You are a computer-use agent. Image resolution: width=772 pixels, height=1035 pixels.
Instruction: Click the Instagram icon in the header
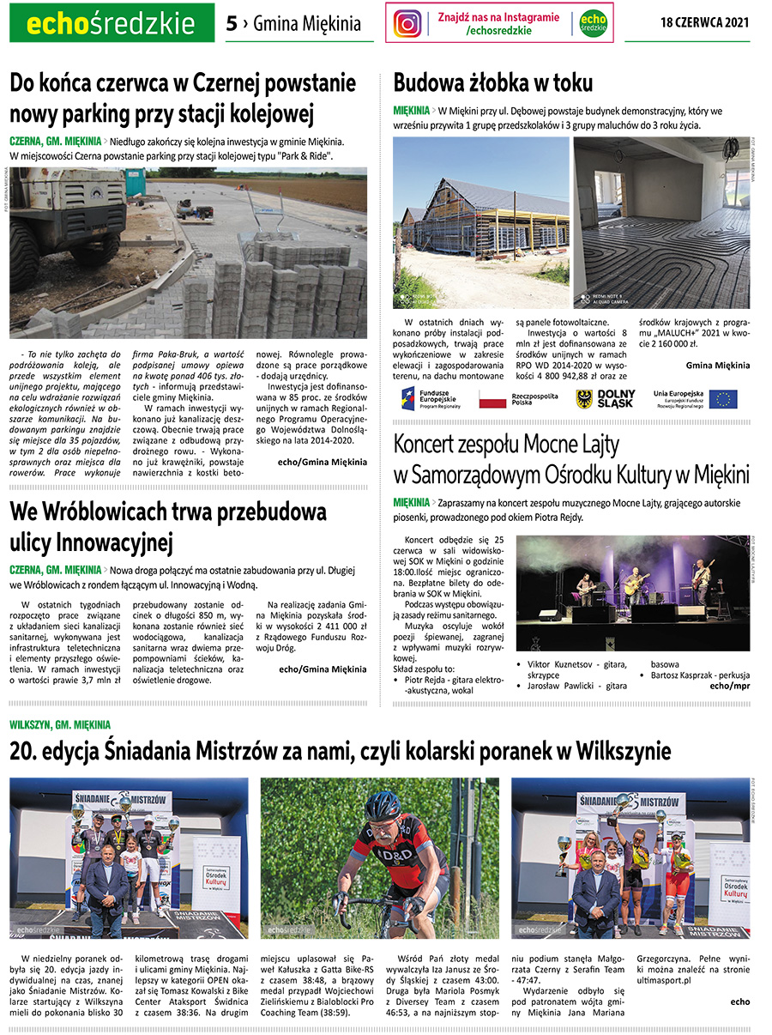click(407, 23)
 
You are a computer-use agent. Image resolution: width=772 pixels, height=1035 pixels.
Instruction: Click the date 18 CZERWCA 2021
click(705, 23)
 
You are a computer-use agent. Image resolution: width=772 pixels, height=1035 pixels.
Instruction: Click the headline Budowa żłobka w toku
click(492, 82)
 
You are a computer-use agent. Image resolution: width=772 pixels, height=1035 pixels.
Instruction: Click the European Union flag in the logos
click(722, 398)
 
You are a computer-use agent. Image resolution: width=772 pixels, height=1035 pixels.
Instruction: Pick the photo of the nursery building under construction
click(480, 223)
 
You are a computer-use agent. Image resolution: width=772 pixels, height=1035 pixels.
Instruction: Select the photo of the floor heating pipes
click(661, 223)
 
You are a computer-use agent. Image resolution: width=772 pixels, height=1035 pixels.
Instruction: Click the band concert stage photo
click(632, 592)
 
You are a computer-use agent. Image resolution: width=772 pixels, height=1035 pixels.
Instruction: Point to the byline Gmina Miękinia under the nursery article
click(717, 365)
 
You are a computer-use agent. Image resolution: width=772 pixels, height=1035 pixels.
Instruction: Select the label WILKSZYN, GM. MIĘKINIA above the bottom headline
click(60, 725)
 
